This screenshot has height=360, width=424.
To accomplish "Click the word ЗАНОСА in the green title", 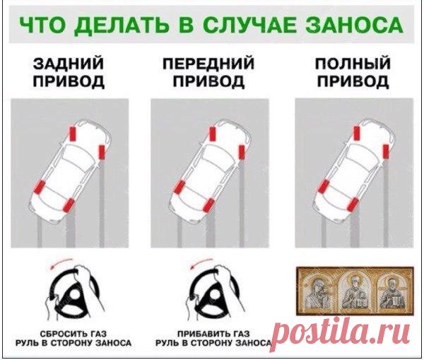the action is click(x=354, y=25).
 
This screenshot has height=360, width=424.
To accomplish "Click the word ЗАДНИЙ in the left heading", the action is click(x=69, y=64).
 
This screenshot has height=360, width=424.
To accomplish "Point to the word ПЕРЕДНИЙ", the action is click(x=208, y=64).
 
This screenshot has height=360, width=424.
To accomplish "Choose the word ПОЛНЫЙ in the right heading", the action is click(x=353, y=64).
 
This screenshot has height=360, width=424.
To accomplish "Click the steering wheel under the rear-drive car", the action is click(x=74, y=293).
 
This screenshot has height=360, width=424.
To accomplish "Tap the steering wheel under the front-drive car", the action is click(x=213, y=293).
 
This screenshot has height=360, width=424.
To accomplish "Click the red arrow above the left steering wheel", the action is click(x=61, y=264).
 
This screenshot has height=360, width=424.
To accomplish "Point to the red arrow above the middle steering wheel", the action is click(x=201, y=264).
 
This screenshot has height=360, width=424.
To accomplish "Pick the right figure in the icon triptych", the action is click(x=391, y=292).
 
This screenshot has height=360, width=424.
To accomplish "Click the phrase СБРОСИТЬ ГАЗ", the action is click(x=73, y=334).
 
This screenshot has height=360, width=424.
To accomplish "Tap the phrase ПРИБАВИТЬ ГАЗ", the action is click(x=213, y=334).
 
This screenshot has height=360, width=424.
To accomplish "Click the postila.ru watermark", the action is click(x=341, y=336).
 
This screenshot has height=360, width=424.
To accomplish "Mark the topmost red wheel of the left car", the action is click(x=73, y=134).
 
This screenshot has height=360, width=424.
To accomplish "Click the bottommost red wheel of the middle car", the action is click(x=208, y=205).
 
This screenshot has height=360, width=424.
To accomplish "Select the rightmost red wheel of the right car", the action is click(x=386, y=151).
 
